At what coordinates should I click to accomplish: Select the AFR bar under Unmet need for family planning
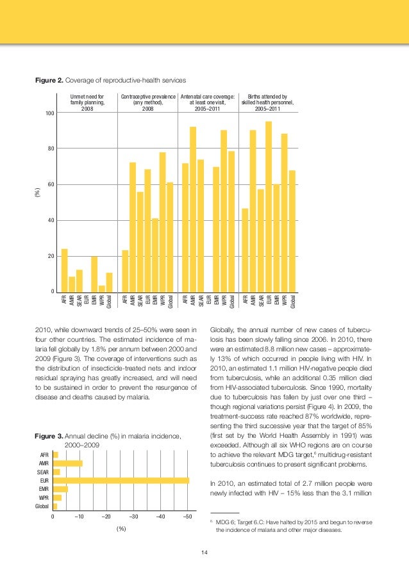click(x=64, y=270)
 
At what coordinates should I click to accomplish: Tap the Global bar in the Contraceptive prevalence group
click(x=170, y=237)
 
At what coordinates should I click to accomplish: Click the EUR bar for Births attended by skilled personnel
click(x=269, y=207)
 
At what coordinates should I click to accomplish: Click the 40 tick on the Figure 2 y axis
click(x=49, y=221)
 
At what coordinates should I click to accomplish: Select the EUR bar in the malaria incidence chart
click(x=121, y=480)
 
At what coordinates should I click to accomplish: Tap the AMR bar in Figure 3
click(x=67, y=463)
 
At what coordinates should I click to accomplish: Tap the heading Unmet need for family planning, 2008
click(x=87, y=102)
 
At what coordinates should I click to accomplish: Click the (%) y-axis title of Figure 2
click(x=37, y=192)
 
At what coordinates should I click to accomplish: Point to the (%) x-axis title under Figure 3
click(x=120, y=529)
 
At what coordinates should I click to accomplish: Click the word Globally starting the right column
click(x=225, y=330)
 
